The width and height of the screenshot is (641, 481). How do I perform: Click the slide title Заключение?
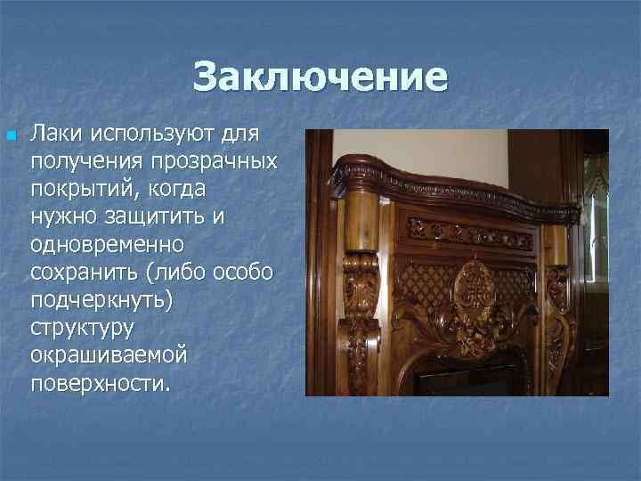320,77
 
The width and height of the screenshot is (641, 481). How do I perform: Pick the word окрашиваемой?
108,355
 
